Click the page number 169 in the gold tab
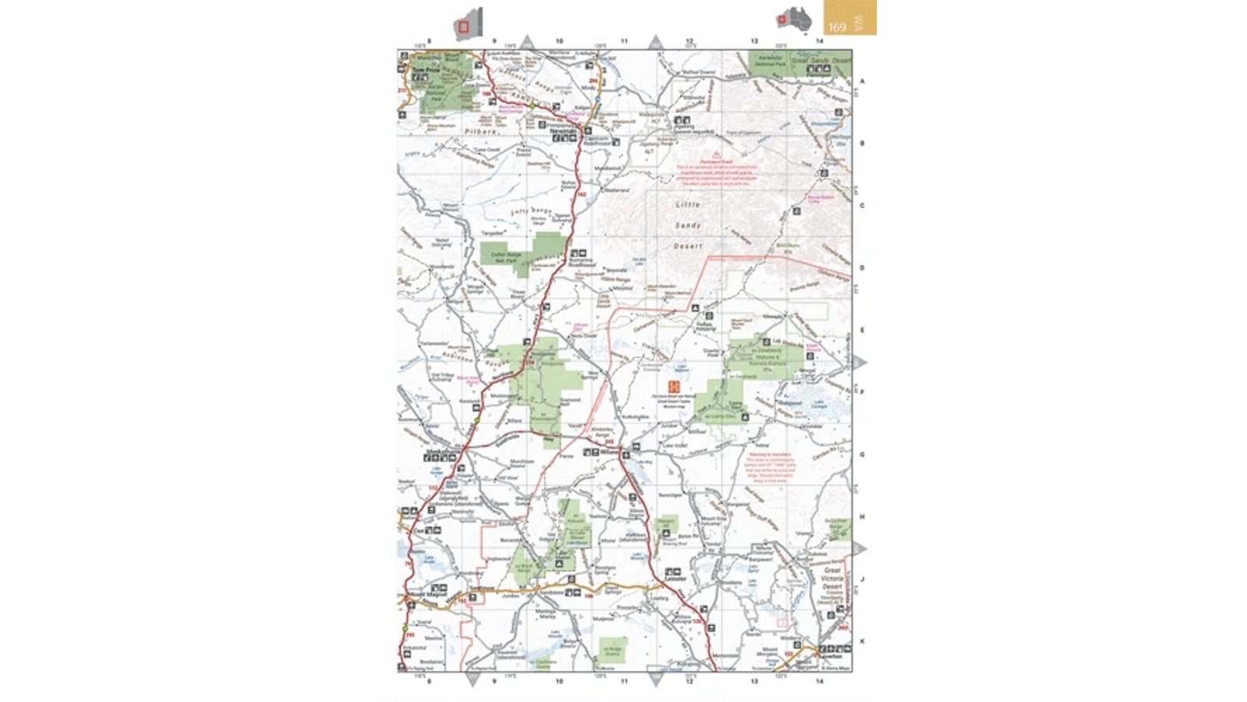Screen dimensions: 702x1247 [x=837, y=27]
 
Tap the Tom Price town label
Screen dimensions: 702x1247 [x=426, y=70]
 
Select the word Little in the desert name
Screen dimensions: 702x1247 [x=687, y=204]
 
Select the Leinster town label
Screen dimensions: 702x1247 [x=675, y=579]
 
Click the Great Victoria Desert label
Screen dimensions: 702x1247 [x=832, y=579]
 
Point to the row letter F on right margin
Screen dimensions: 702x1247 [x=862, y=392]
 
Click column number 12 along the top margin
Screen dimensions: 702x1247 [x=689, y=41]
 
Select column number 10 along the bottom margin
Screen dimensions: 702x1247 [x=559, y=681]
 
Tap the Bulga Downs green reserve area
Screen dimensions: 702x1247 [x=613, y=648]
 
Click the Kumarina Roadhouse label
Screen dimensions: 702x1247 [x=581, y=262]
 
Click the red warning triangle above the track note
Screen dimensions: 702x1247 [x=715, y=154]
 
